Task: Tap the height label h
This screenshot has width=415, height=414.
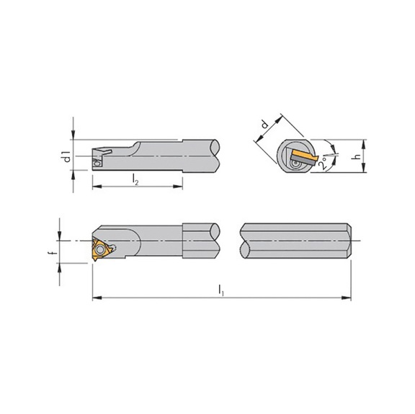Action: click(x=356, y=157)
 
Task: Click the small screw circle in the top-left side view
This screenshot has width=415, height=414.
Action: click(x=99, y=164)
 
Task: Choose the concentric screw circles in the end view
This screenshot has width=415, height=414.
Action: click(x=296, y=166)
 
